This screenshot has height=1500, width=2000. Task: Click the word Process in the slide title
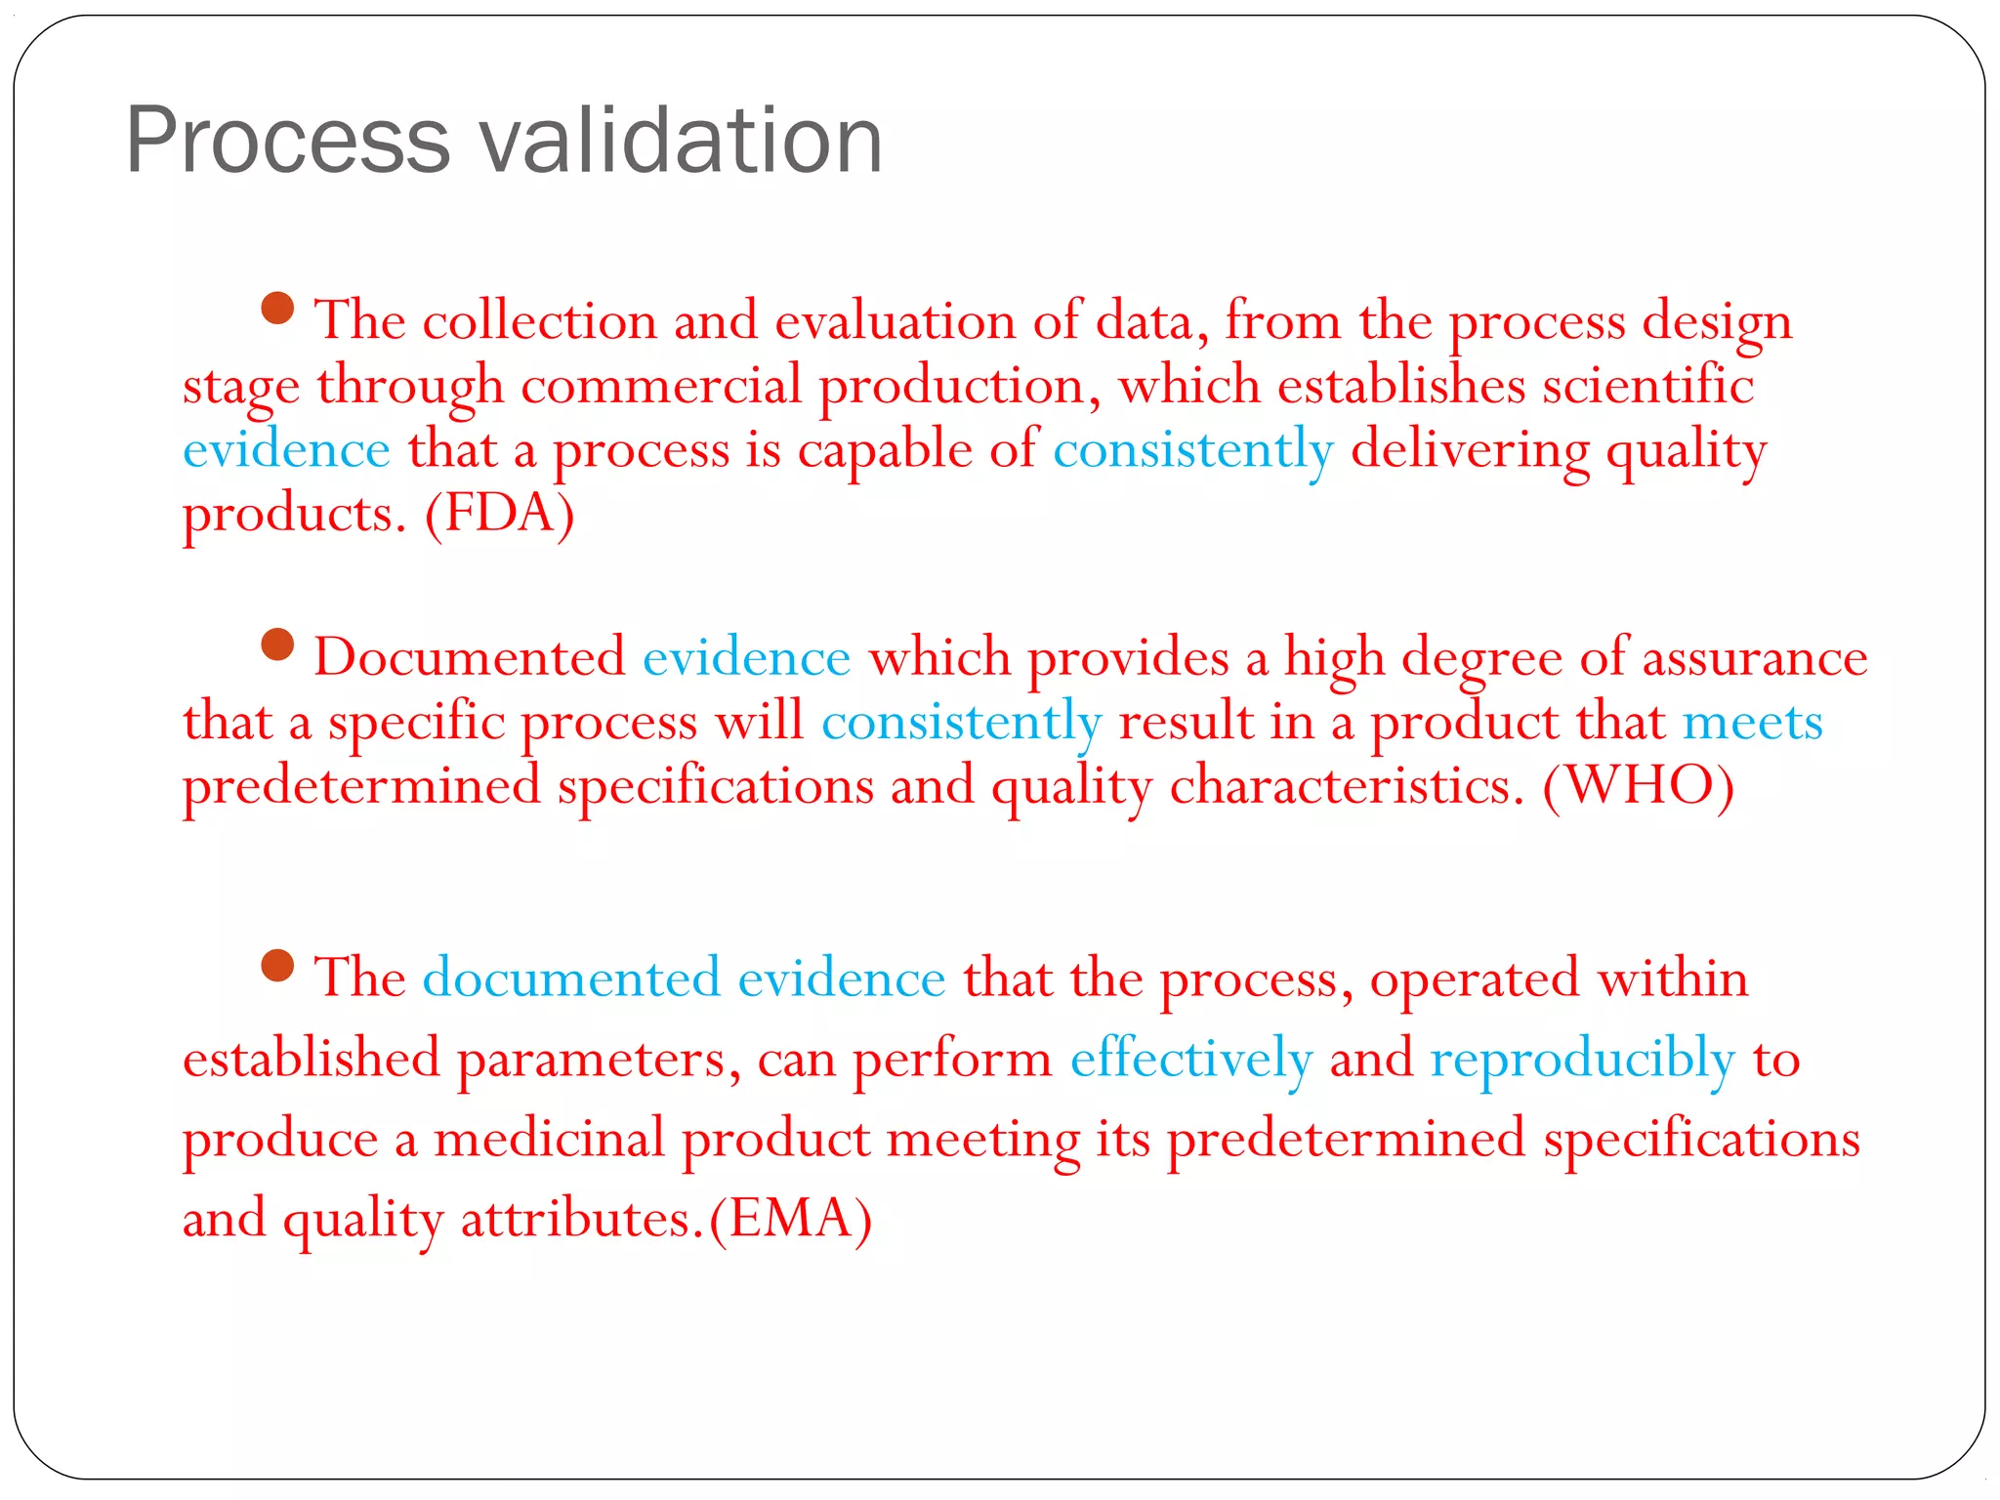tap(288, 142)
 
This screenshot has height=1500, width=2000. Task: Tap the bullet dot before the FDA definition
tap(278, 309)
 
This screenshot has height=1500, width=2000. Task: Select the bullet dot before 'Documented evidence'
tap(278, 645)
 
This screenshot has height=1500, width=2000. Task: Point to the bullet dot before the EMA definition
tap(278, 966)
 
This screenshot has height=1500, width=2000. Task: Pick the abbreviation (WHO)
tap(1638, 785)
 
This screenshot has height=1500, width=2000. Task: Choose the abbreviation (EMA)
tap(790, 1219)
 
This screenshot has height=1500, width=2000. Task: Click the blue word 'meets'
tap(1752, 723)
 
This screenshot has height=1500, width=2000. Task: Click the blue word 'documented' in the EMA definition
tap(571, 979)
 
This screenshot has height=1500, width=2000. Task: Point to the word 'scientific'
tap(1647, 386)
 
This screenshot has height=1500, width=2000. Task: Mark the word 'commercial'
tap(661, 386)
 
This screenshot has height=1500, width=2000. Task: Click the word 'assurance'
tap(1754, 658)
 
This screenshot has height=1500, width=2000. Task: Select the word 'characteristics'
tap(1347, 787)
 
